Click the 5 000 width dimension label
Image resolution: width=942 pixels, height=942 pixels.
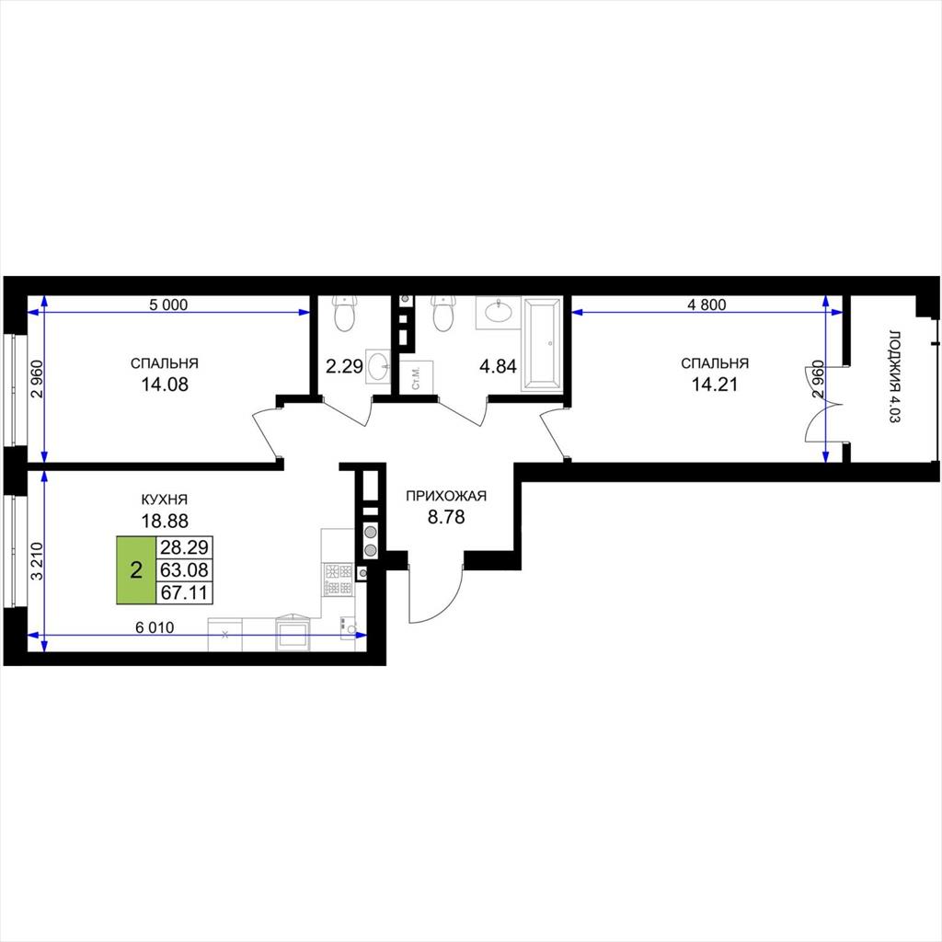(x=168, y=304)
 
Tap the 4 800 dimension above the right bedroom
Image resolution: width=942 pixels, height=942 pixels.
(x=706, y=304)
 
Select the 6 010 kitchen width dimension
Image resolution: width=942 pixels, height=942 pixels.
(x=155, y=627)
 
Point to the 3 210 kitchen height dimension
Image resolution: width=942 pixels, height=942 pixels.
(x=37, y=561)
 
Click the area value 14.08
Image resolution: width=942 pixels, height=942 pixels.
(x=165, y=384)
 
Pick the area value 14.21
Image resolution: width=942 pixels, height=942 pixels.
(x=714, y=384)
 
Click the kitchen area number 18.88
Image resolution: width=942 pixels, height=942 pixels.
(x=165, y=521)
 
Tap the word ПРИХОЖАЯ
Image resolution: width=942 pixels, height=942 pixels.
(x=446, y=496)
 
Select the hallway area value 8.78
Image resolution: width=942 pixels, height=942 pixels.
(x=446, y=517)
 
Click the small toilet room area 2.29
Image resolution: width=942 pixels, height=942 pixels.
(x=344, y=366)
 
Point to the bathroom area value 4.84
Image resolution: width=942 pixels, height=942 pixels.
(x=498, y=366)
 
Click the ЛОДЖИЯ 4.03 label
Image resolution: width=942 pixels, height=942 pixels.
(x=894, y=376)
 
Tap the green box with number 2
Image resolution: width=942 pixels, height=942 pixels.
(x=136, y=569)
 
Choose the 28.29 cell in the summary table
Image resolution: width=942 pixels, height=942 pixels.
(x=184, y=547)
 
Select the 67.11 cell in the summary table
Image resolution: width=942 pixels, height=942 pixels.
(x=184, y=592)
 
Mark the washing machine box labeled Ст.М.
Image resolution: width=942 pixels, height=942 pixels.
(x=417, y=377)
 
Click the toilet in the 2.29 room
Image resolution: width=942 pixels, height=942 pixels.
(x=346, y=313)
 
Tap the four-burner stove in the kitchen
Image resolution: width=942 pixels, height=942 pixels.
(x=339, y=580)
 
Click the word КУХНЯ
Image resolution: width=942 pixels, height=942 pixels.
(x=165, y=500)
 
